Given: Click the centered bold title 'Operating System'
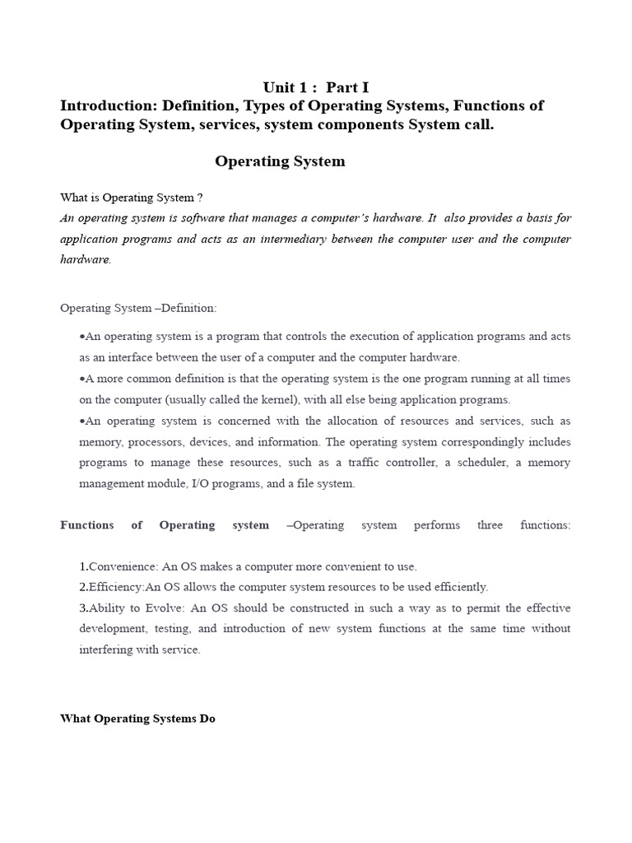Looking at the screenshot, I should click(x=280, y=161).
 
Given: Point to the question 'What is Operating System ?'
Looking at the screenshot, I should click(x=132, y=198).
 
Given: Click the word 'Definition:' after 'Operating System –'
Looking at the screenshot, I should click(x=189, y=308).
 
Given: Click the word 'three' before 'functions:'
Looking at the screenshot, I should click(x=490, y=525).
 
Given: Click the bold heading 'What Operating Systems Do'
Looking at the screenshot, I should click(x=137, y=719).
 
